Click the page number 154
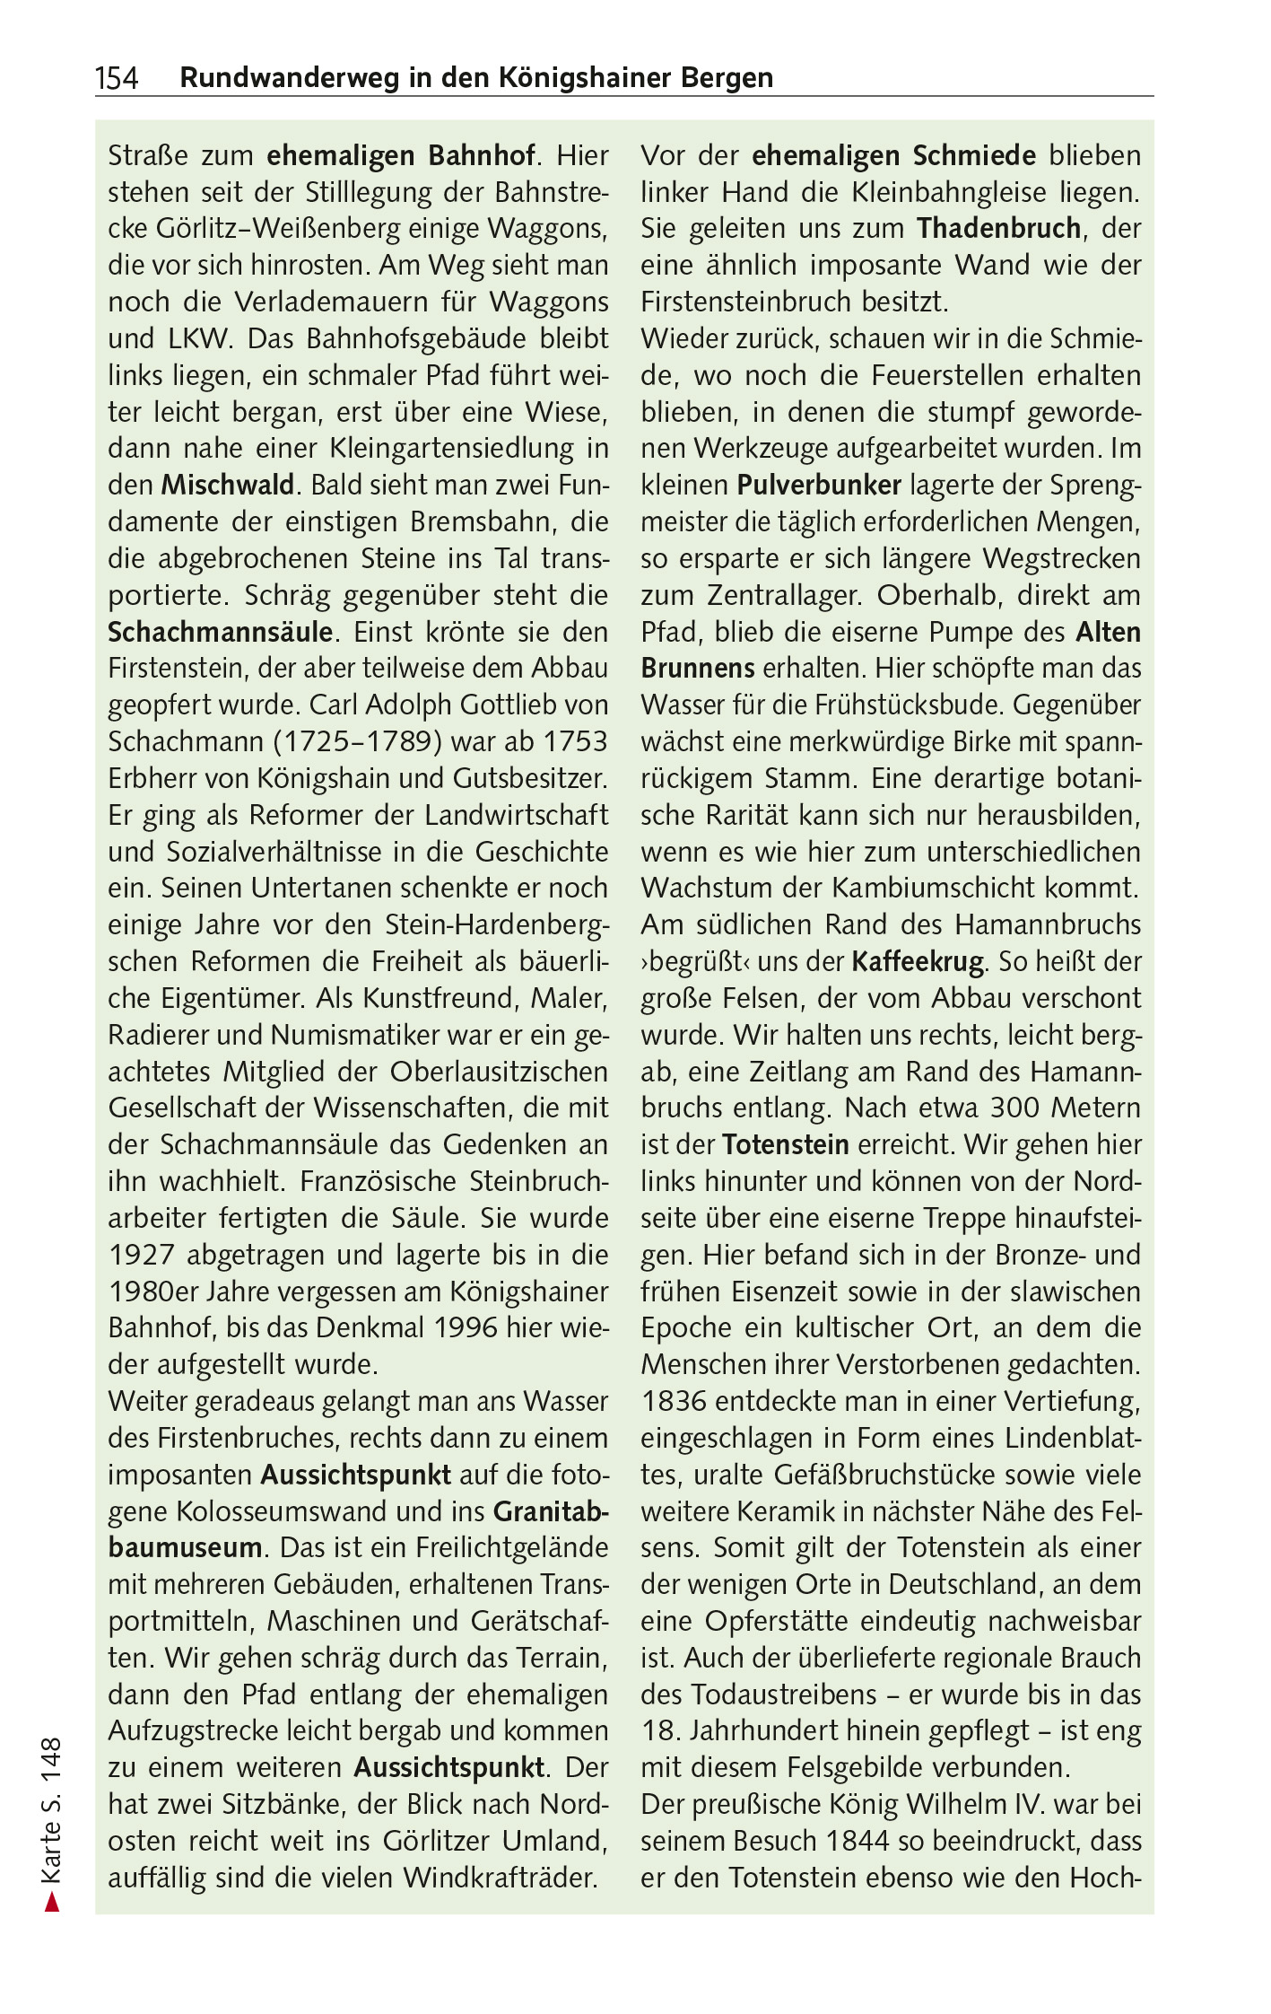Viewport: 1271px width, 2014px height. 118,79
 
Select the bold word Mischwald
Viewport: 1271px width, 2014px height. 228,486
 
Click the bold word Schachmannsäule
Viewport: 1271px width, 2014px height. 221,632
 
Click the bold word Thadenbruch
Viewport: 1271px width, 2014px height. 998,229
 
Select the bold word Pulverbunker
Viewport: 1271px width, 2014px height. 819,486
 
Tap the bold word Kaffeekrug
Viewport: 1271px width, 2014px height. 918,962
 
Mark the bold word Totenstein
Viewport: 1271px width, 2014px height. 785,1145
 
